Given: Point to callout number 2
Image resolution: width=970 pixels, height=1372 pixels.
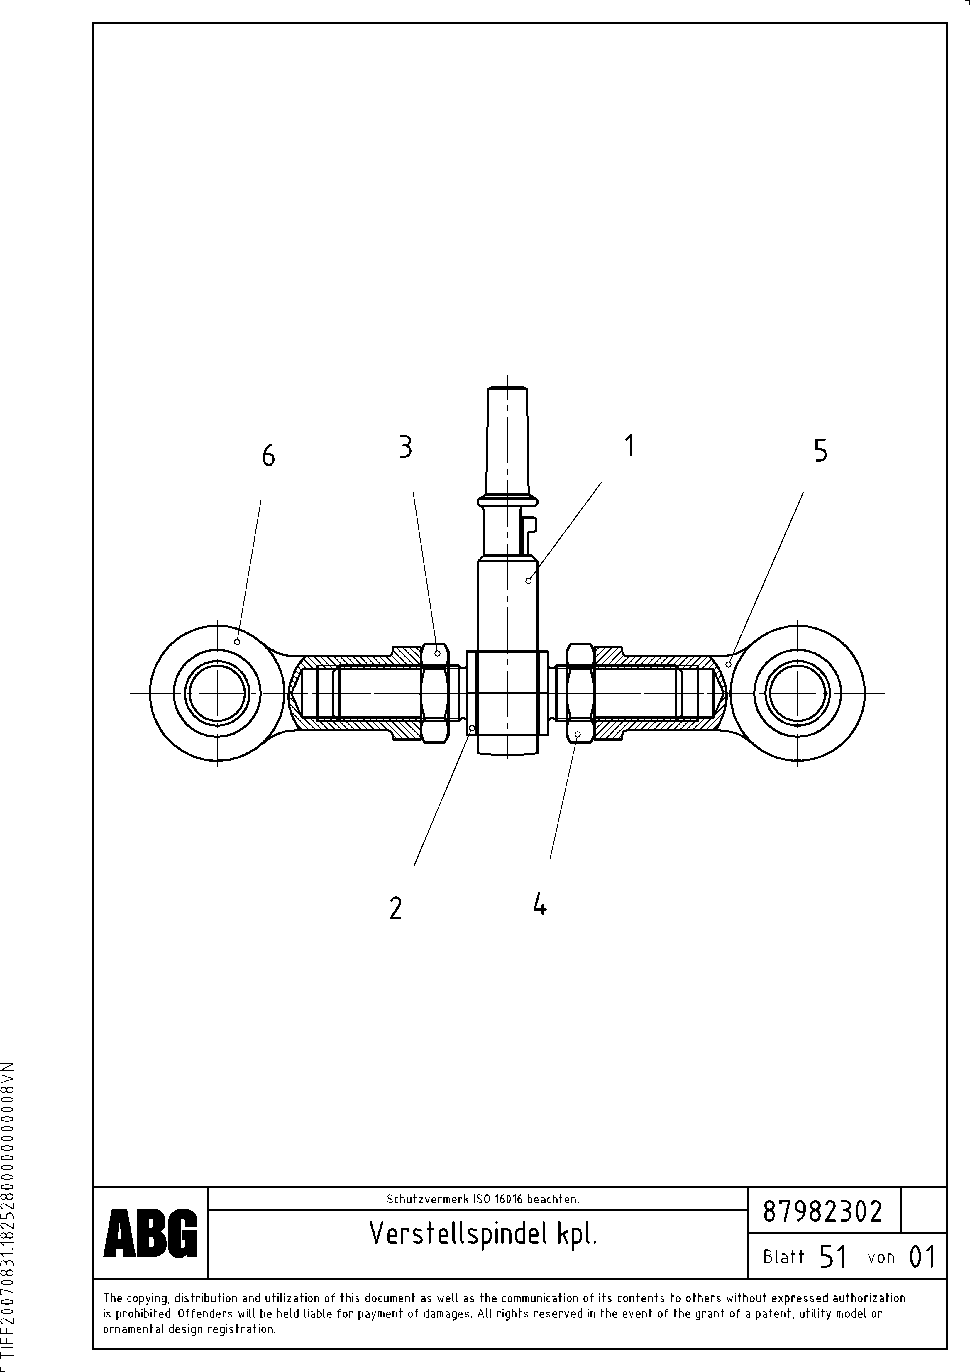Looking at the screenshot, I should tap(396, 908).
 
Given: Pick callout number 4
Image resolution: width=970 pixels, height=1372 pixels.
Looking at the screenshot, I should tap(540, 904).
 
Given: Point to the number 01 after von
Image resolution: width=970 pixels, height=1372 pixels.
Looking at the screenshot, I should tap(921, 1257).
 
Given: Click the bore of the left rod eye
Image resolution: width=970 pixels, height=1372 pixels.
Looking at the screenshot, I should tap(217, 693).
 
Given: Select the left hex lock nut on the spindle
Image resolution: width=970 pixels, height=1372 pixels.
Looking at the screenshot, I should tap(434, 693).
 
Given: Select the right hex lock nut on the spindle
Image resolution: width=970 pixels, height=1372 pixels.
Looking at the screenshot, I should tap(580, 693).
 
